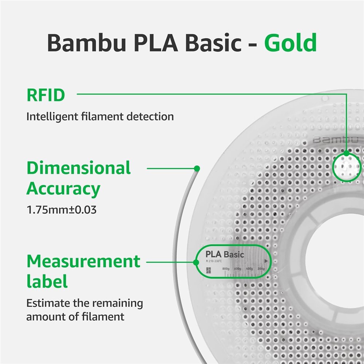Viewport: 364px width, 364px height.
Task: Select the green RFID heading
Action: click(46, 95)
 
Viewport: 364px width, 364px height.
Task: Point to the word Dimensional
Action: click(79, 168)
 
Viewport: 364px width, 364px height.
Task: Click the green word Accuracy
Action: click(63, 189)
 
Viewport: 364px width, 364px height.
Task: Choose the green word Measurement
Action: click(83, 261)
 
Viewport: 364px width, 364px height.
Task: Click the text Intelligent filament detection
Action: click(100, 117)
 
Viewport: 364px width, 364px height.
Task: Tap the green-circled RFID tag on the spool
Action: click(347, 166)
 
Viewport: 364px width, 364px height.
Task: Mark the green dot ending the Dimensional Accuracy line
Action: click(197, 169)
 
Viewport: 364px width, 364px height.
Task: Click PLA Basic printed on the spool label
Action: click(225, 254)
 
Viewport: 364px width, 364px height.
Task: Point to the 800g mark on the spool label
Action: click(226, 269)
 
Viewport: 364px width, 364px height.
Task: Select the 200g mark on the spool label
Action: click(261, 269)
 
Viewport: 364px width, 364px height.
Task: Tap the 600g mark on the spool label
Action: click(237, 269)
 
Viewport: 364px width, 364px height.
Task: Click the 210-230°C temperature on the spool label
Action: click(214, 261)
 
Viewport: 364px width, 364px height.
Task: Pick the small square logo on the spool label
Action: click(208, 270)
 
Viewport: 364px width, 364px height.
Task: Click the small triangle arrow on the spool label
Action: click(266, 261)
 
